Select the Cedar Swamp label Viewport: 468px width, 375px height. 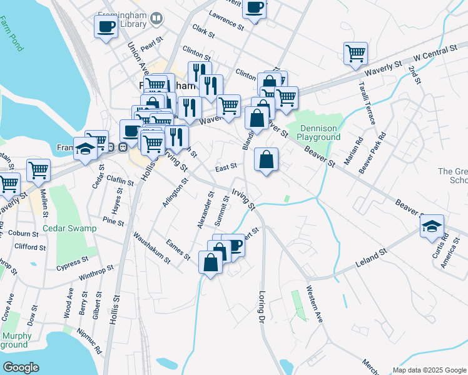[69, 228]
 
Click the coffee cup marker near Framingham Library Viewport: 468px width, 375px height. [106, 26]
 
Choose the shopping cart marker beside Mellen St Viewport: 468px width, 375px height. [38, 170]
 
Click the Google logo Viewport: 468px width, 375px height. [21, 367]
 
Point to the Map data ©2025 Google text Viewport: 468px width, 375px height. [429, 370]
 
